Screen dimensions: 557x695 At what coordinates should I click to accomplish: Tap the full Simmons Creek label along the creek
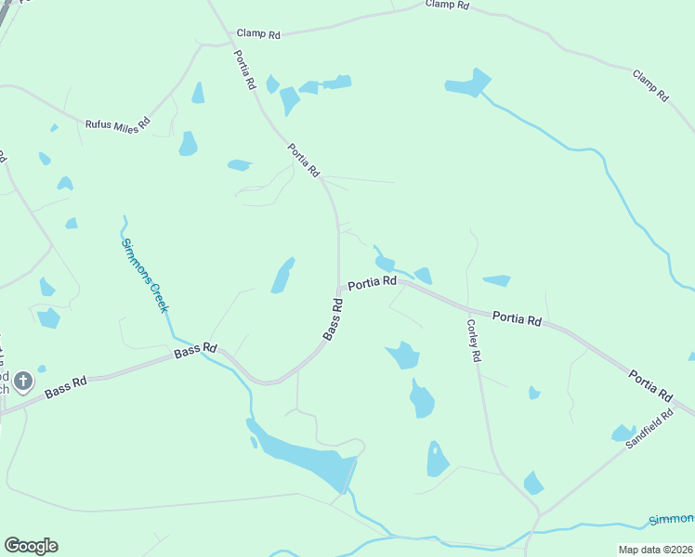pyautogui.click(x=145, y=276)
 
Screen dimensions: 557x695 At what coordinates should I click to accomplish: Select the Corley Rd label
pyautogui.click(x=474, y=341)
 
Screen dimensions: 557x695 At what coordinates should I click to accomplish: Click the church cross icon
pyautogui.click(x=23, y=381)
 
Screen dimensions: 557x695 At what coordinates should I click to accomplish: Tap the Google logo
pyautogui.click(x=31, y=546)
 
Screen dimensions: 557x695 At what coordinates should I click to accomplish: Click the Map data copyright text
pyautogui.click(x=655, y=550)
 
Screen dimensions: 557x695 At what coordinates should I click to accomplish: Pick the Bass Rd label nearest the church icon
pyautogui.click(x=65, y=387)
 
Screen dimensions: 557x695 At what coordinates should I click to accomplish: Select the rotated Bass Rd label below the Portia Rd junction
pyautogui.click(x=334, y=319)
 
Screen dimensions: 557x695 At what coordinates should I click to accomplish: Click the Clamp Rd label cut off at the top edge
pyautogui.click(x=448, y=5)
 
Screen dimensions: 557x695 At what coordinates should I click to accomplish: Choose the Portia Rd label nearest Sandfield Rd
pyautogui.click(x=650, y=386)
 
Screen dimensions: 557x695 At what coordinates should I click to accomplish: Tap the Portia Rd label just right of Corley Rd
pyautogui.click(x=517, y=318)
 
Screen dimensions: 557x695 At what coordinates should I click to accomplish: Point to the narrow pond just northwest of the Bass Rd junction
pyautogui.click(x=282, y=276)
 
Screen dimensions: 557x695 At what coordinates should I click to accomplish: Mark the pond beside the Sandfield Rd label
pyautogui.click(x=623, y=433)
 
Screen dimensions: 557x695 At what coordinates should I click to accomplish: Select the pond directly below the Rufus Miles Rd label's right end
pyautogui.click(x=189, y=144)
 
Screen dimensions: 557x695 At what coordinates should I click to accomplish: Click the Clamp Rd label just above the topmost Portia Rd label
pyautogui.click(x=258, y=33)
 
